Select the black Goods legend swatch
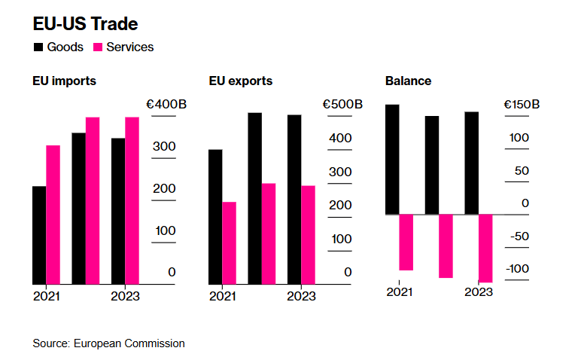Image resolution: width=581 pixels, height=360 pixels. (x=38, y=47)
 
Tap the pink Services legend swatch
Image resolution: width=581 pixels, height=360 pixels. (x=98, y=47)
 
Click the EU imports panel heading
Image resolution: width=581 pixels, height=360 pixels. (x=64, y=81)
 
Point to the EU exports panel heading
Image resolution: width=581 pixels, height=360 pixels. (x=241, y=81)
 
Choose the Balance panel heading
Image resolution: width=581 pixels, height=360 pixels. (x=408, y=81)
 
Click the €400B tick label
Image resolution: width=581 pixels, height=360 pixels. (x=166, y=105)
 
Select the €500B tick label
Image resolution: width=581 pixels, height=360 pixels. (x=342, y=105)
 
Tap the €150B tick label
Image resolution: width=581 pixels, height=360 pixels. (x=519, y=105)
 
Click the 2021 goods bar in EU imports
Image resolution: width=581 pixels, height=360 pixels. (x=39, y=235)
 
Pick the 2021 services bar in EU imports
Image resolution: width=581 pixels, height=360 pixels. (x=53, y=215)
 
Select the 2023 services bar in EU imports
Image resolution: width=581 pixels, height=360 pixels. (x=132, y=200)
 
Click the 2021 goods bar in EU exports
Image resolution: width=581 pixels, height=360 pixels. (x=215, y=217)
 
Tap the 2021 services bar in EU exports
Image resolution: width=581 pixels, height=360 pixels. (x=229, y=243)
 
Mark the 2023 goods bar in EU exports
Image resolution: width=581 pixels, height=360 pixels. (x=294, y=200)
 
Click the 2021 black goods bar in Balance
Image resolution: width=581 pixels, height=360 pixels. (x=391, y=160)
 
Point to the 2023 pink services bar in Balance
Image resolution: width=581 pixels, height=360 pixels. (x=485, y=248)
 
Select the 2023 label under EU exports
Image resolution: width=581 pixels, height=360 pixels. (x=301, y=296)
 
